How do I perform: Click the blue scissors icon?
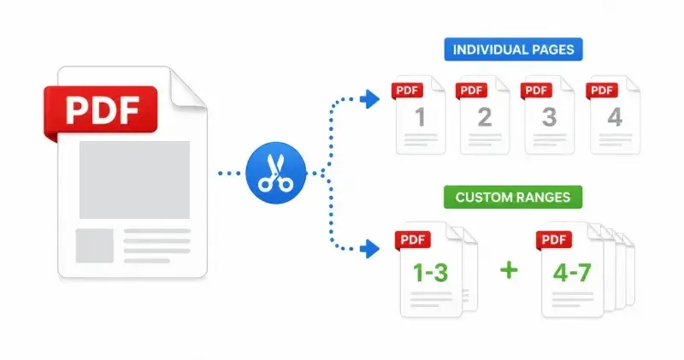point(275,173)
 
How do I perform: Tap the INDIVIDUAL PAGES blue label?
point(514,50)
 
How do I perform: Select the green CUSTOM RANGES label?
point(513,198)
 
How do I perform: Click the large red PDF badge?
point(101,110)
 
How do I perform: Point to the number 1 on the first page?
point(420,117)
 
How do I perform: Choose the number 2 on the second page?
point(485,117)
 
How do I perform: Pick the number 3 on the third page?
point(549,117)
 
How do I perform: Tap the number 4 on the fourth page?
point(615,117)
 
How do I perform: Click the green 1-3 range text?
point(430,273)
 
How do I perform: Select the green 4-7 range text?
point(572,273)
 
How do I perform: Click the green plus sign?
point(509,270)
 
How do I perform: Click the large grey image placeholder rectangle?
point(134,180)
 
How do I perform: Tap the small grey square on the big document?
point(95,245)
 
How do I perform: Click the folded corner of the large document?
point(186,87)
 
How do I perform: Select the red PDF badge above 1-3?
point(413,239)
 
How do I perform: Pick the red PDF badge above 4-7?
point(554,239)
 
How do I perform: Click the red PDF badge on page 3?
point(536,91)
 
